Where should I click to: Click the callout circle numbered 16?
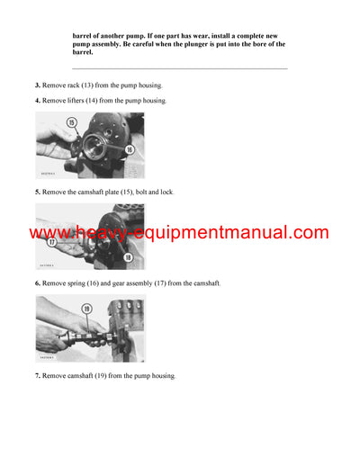tap(130, 149)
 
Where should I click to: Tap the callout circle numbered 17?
tap(54, 241)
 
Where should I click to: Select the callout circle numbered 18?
tap(129, 256)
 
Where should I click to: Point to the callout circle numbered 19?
tap(86, 308)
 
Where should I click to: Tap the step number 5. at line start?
tap(38, 192)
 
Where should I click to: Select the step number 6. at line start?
tap(38, 283)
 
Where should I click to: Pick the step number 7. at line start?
tap(38, 375)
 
